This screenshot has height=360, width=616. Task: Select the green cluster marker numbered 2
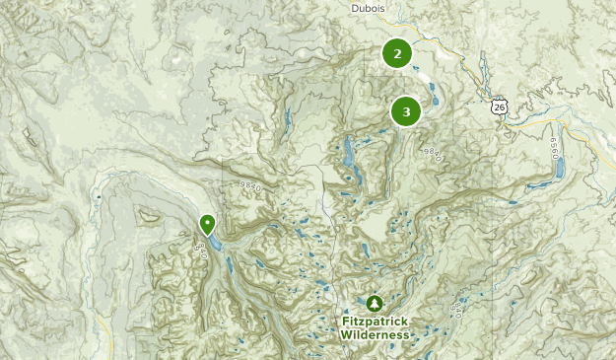click(397, 54)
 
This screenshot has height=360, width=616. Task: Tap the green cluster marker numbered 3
click(406, 111)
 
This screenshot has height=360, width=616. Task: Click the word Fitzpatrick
click(375, 322)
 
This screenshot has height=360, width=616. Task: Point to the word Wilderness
click(375, 335)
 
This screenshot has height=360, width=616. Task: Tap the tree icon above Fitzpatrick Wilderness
click(374, 303)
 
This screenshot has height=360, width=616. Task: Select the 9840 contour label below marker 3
click(431, 153)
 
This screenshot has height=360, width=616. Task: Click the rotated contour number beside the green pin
click(201, 251)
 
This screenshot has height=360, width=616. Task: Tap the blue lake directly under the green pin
click(213, 242)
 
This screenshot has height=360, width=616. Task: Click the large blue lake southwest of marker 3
click(349, 152)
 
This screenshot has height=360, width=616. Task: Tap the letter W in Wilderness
click(346, 335)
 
